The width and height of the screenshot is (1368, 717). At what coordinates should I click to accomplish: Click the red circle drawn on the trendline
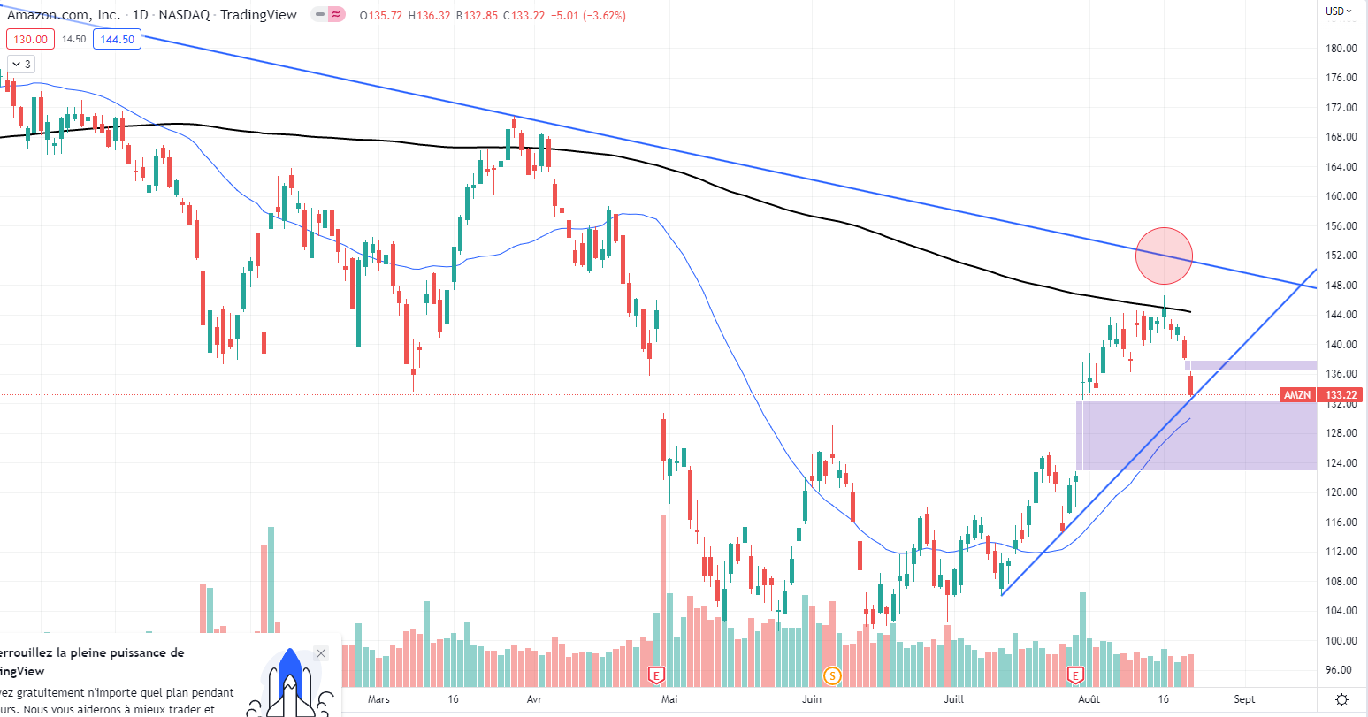pos(1164,256)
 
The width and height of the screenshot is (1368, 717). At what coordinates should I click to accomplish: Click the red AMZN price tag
pos(1296,395)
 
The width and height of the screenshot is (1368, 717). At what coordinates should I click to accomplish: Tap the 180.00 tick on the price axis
pos(1341,49)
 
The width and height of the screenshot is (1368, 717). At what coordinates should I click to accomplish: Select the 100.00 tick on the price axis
pos(1341,640)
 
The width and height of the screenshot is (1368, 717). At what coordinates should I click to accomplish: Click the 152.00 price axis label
pos(1341,256)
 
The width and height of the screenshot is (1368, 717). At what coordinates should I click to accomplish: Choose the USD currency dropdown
pos(1339,11)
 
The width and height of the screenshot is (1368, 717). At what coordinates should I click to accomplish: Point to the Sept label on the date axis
pos(1243,699)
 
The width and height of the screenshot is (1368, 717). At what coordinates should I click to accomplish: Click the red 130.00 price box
pos(31,39)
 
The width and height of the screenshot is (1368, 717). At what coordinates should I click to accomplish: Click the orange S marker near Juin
pos(831,676)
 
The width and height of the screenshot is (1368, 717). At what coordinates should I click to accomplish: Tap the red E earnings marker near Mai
pos(656,676)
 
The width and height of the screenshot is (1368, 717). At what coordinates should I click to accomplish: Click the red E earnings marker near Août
pos(1076,676)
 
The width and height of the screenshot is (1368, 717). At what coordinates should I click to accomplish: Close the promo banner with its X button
pos(321,653)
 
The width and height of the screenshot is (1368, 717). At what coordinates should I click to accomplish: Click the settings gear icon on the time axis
pos(1341,699)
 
